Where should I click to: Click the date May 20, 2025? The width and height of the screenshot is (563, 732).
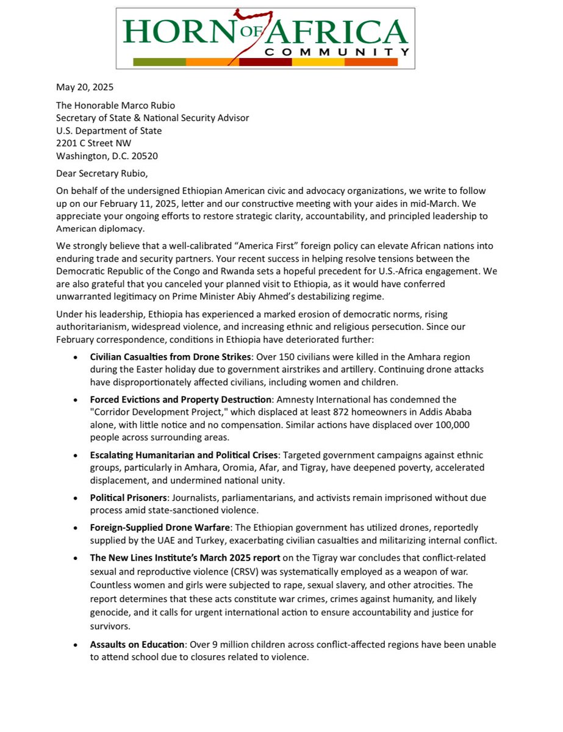tap(84, 87)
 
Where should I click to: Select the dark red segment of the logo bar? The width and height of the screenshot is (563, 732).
tap(265, 62)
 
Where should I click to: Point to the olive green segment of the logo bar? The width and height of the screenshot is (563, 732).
tap(159, 62)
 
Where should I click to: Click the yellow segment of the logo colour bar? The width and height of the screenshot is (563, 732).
tap(318, 62)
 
